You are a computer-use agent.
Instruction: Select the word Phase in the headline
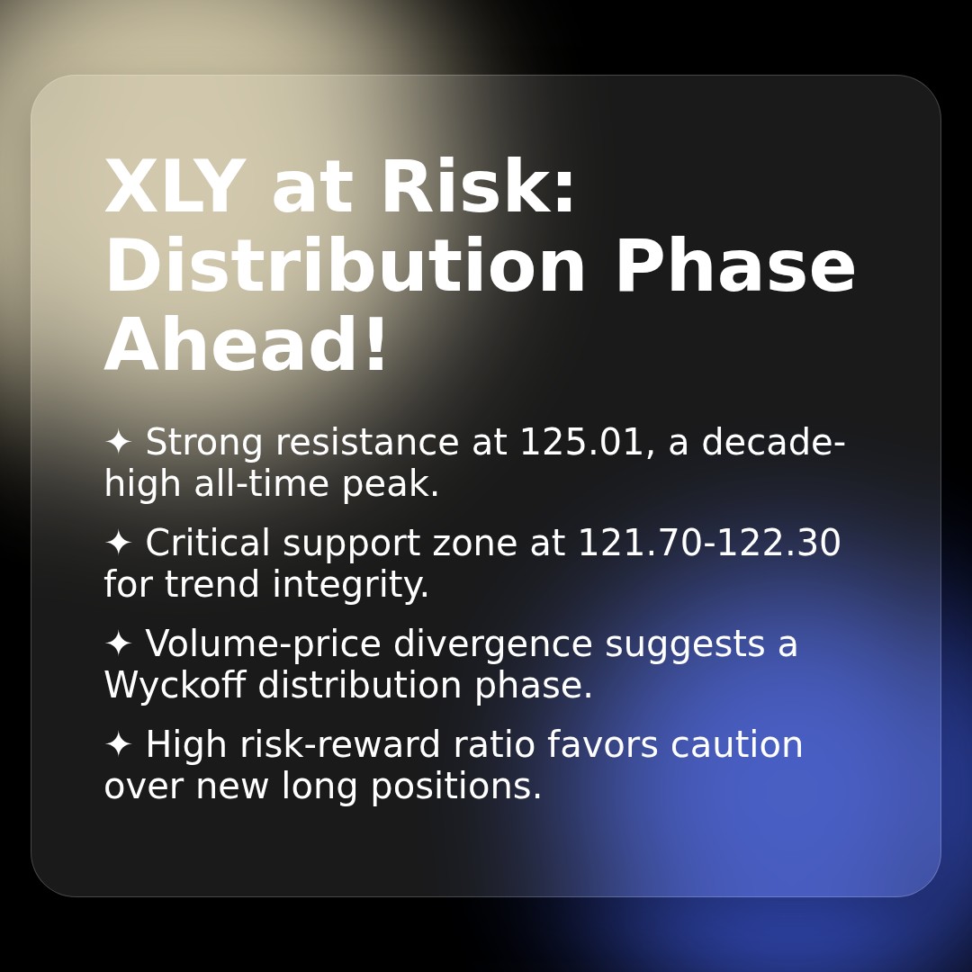[x=734, y=268]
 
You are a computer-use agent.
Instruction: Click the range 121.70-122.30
[x=708, y=544]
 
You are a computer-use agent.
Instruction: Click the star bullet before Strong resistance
[x=118, y=443]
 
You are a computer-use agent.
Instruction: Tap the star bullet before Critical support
[x=118, y=544]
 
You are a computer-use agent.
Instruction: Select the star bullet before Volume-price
[x=118, y=644]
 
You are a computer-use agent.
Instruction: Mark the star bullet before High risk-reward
[x=118, y=745]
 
